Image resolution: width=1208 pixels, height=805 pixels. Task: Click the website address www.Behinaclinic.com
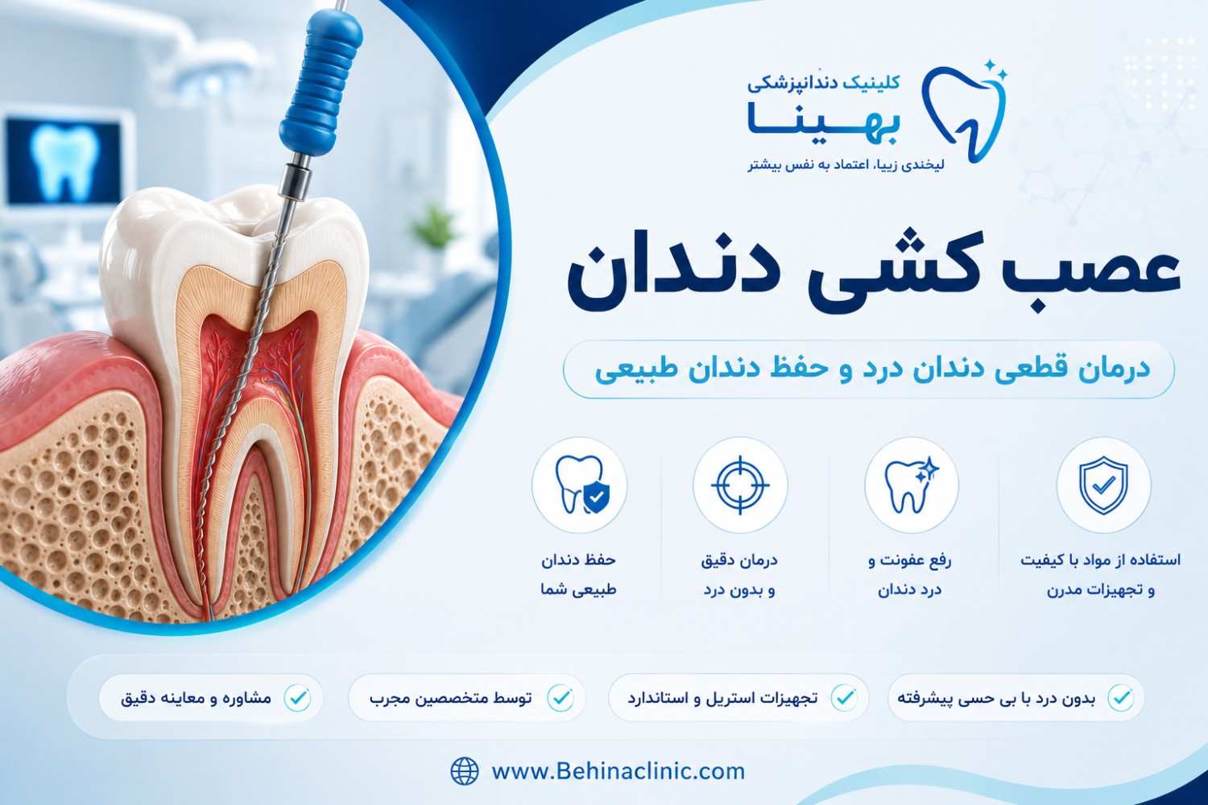618,771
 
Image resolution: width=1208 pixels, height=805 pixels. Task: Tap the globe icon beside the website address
465,771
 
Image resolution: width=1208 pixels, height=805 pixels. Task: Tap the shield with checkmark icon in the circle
1103,485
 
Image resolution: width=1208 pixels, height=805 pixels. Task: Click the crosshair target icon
740,485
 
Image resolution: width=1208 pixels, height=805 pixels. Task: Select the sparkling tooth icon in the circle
912,485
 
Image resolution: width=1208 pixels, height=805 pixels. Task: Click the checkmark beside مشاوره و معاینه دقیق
297,698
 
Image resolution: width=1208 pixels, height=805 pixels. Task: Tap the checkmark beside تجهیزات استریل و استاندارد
844,698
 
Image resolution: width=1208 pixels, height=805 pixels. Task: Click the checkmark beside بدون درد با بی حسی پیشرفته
1121,698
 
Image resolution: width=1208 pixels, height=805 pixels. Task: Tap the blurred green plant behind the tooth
435,226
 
